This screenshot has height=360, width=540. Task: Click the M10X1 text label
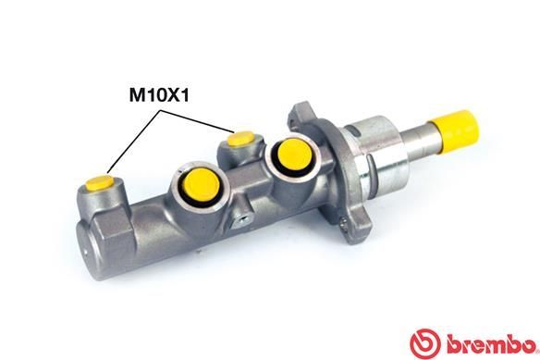[159, 94]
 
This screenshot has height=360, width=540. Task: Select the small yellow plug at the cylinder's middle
[239, 139]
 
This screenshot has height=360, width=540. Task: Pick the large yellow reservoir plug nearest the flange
[291, 156]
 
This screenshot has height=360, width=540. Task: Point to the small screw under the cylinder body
[244, 218]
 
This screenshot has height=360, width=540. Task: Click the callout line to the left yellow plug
[134, 139]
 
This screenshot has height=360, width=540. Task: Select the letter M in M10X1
[134, 94]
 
